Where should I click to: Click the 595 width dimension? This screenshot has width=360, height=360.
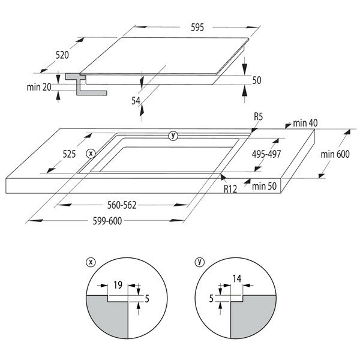pyautogui.click(x=197, y=28)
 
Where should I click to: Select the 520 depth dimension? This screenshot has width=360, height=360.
pyautogui.click(x=62, y=55)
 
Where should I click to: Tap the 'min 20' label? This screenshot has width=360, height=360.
pyautogui.click(x=39, y=87)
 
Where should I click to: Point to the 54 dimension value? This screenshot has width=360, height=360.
pyautogui.click(x=136, y=101)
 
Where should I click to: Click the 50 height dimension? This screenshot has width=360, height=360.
pyautogui.click(x=257, y=80)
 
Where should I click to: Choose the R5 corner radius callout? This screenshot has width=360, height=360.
pyautogui.click(x=258, y=117)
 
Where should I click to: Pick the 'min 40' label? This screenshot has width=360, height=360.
pyautogui.click(x=305, y=123)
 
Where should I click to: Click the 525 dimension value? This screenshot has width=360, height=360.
pyautogui.click(x=69, y=154)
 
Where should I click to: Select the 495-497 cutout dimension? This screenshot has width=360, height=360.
pyautogui.click(x=266, y=154)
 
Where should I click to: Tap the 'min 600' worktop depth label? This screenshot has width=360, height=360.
pyautogui.click(x=335, y=154)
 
